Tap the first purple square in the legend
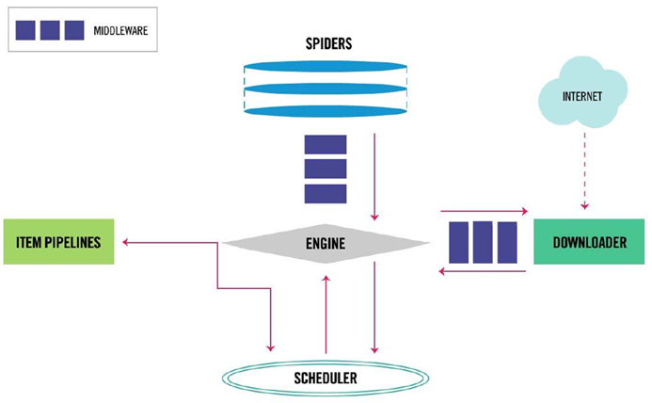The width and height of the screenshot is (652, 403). (26, 30)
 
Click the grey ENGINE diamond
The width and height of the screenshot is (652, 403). (326, 244)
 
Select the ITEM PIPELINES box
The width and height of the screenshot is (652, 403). (59, 242)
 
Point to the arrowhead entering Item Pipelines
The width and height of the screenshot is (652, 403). (126, 243)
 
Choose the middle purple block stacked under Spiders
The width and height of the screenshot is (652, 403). (326, 169)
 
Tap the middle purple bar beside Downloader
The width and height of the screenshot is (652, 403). (483, 242)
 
